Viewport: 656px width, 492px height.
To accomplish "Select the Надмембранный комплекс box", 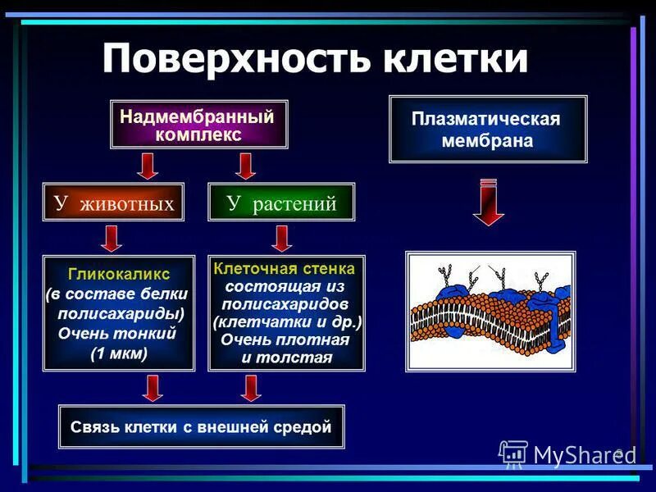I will coord(199,125).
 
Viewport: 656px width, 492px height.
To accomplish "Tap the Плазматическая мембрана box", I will coord(487,130).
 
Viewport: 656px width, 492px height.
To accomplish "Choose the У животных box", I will coord(114,203).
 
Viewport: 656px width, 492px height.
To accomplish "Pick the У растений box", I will coord(281,203).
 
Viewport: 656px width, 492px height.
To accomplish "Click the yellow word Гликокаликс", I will coord(119,273).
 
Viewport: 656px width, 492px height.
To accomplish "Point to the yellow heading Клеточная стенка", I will coord(284,268).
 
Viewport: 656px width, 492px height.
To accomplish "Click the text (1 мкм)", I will coord(119,353).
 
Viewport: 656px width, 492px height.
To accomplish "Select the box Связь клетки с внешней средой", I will coord(201,426).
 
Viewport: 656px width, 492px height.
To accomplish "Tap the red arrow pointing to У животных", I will coord(148,166).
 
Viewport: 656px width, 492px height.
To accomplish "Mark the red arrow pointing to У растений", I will coord(244,166).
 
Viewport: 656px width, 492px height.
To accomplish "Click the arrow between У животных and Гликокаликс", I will coord(112,238).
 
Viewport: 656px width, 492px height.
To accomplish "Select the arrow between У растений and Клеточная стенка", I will coord(281,238).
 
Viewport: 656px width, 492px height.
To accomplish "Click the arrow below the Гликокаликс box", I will coord(153,388).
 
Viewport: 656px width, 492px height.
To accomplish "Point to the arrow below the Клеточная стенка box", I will coord(251,388).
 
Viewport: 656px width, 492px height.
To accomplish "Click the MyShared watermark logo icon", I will coord(513,453).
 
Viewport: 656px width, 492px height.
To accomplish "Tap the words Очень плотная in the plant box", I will coord(285,339).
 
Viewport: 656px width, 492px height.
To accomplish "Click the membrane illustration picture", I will coord(490,311).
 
